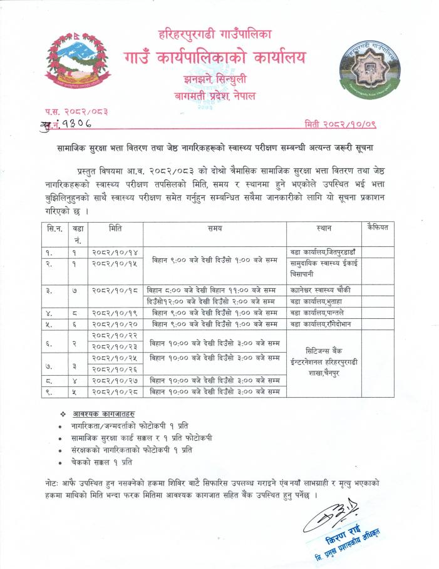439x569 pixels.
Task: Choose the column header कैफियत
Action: tap(378, 228)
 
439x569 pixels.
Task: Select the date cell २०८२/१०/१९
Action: tap(115, 312)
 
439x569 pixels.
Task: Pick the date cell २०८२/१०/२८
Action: tap(115, 392)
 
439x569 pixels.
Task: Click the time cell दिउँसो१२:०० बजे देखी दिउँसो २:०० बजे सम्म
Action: tap(212, 301)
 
